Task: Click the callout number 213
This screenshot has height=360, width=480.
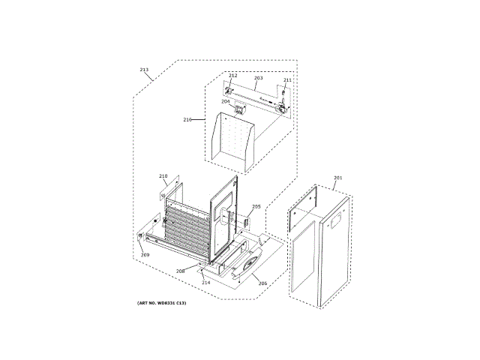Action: (145, 70)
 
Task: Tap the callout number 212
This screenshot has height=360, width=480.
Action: (232, 76)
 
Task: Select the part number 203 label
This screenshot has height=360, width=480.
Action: (258, 78)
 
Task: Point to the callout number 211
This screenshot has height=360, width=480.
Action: (287, 79)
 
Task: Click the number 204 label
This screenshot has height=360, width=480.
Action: (225, 101)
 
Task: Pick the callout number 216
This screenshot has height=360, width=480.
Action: (187, 119)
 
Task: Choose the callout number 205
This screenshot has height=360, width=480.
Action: (256, 206)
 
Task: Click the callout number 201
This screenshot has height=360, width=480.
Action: (337, 178)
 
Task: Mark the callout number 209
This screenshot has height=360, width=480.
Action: (145, 255)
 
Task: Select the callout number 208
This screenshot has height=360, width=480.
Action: (180, 271)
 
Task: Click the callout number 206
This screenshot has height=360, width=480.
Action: (262, 283)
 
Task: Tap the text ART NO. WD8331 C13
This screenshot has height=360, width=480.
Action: (161, 302)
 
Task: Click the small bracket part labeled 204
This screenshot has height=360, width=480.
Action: (239, 110)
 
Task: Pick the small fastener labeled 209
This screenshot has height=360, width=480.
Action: (140, 236)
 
